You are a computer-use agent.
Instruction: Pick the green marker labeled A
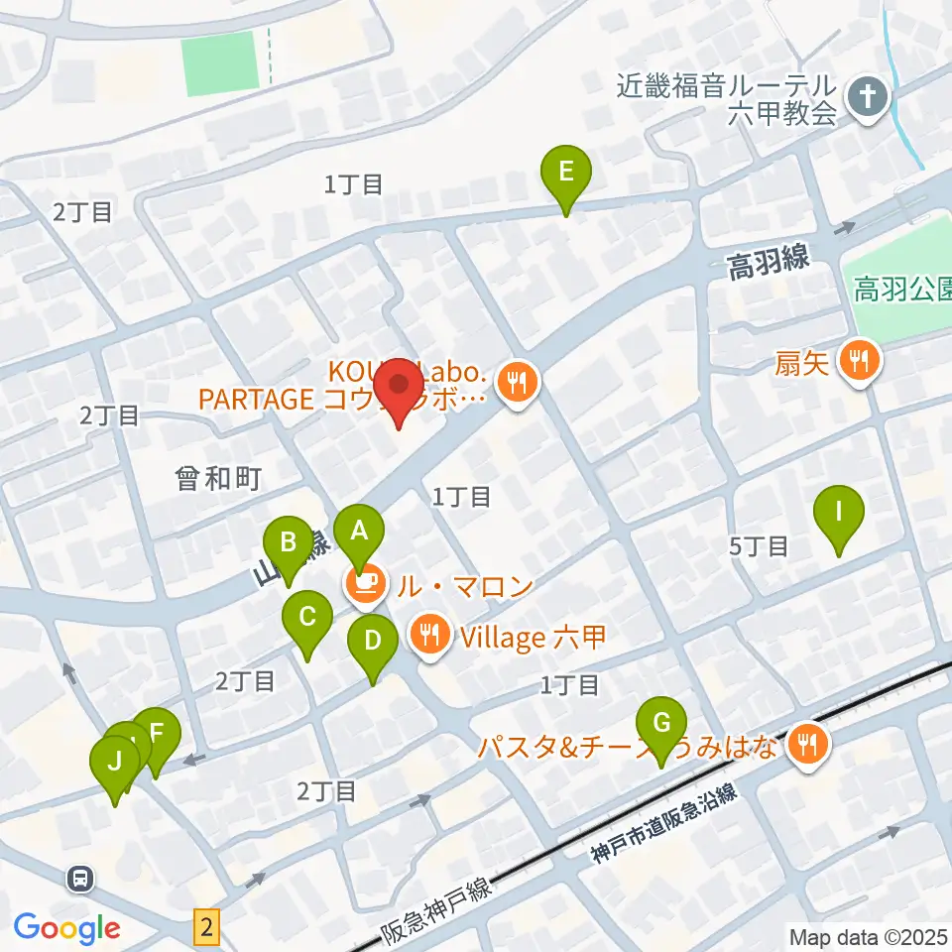[x=359, y=530]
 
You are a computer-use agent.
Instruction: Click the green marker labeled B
[x=289, y=543]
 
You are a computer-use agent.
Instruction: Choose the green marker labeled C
[x=307, y=619]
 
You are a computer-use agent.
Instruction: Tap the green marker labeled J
[x=115, y=764]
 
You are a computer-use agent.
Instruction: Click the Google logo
[x=66, y=928]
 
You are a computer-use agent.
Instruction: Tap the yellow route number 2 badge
[x=205, y=928]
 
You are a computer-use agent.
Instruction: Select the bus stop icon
[x=80, y=878]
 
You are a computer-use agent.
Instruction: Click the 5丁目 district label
[x=759, y=544]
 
